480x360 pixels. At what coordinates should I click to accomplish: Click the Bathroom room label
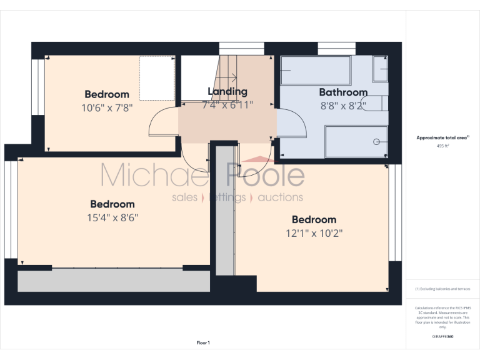pos(343,92)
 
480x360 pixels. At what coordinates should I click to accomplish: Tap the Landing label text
pos(227,92)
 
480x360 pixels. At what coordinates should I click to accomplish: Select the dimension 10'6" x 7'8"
pos(107,107)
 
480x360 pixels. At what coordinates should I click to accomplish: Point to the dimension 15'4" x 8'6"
pos(112,217)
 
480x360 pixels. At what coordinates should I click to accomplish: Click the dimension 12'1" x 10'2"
pos(314,233)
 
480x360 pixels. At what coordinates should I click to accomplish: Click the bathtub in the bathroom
pos(316,71)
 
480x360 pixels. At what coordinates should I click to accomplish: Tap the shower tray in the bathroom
pos(356,142)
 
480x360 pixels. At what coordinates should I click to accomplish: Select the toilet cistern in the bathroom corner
pos(381,69)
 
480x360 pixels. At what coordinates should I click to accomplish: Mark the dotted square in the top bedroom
pos(157,77)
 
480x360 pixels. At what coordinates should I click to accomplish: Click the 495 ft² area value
pos(442,146)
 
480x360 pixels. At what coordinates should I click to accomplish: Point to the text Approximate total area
pos(441,137)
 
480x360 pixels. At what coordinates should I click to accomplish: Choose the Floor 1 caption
pos(203,342)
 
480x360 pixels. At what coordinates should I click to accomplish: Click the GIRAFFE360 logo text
pos(442,337)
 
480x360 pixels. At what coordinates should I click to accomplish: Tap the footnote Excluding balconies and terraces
pos(442,289)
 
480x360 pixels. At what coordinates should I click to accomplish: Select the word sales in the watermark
pos(184,197)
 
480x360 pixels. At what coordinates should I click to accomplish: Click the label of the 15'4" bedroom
pos(112,204)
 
